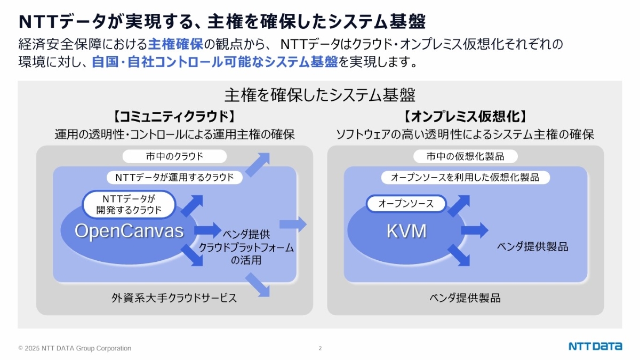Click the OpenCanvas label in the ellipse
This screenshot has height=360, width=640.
point(129,231)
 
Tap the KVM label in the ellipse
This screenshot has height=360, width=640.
point(406,231)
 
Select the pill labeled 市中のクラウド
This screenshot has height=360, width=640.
point(174,156)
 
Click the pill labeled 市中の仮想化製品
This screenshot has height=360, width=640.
point(465,156)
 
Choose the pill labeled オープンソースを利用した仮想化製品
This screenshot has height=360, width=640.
point(465,177)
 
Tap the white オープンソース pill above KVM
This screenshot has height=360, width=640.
point(406,203)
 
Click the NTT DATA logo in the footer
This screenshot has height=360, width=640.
point(595,346)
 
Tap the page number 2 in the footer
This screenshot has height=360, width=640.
point(320,348)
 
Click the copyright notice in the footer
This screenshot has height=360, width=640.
point(75,348)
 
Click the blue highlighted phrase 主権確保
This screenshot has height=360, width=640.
point(175,44)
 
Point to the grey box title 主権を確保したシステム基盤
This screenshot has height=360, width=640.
point(319,95)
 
